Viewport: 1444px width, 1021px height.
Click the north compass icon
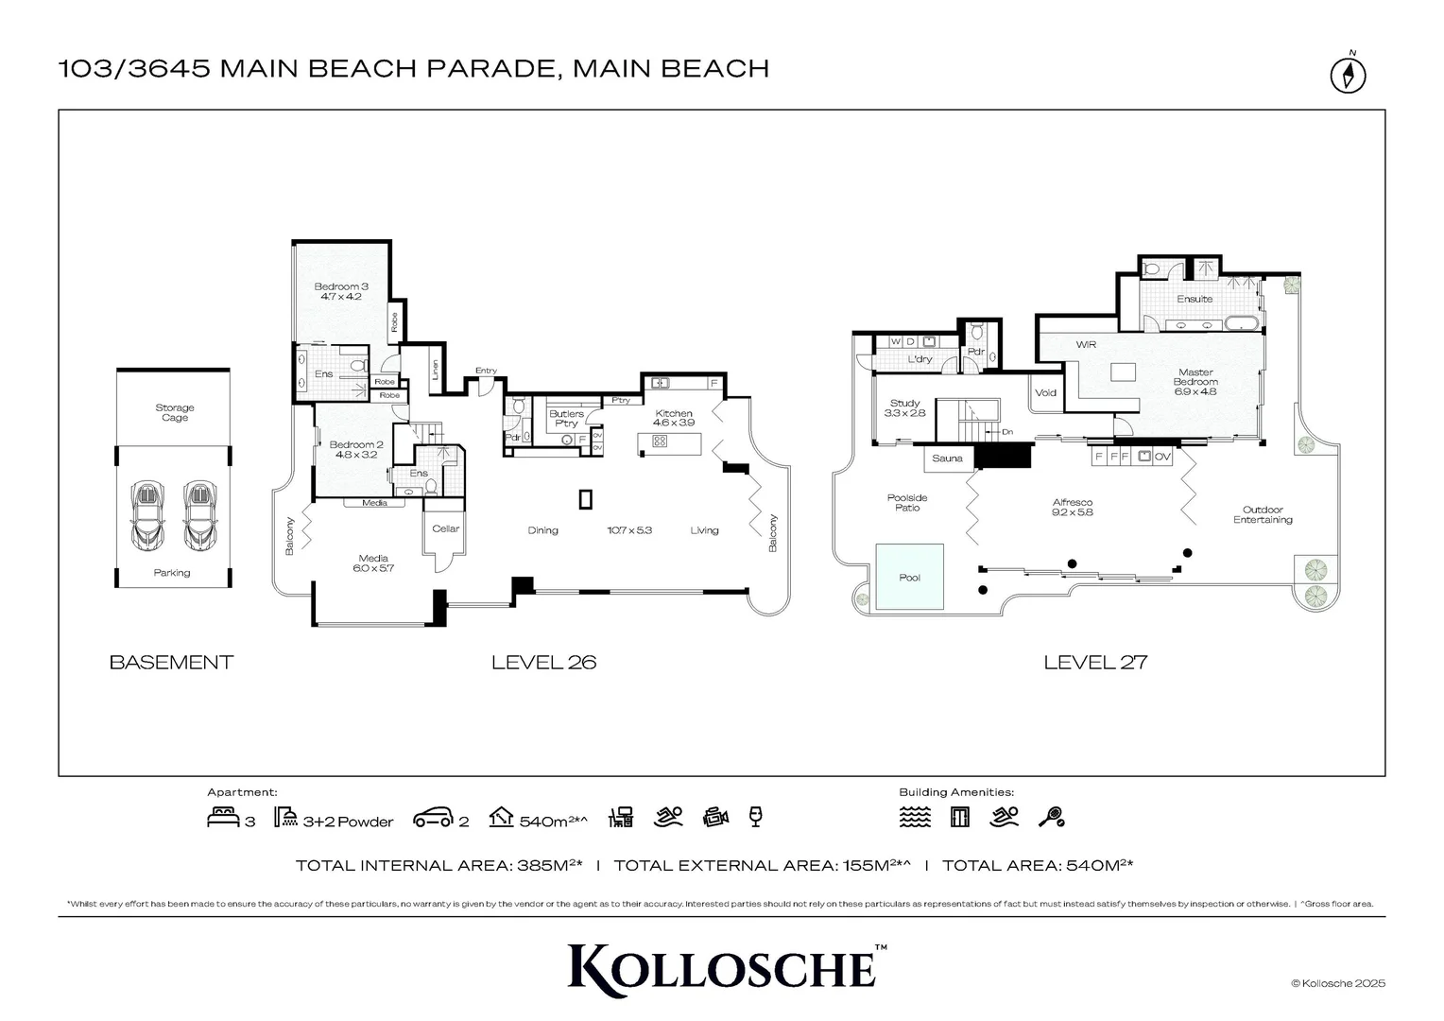coord(1349,75)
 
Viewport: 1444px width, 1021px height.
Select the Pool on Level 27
coord(909,577)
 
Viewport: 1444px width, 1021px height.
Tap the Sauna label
coord(947,459)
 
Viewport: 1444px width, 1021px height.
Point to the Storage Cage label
coord(174,412)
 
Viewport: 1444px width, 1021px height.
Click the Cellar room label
coord(445,528)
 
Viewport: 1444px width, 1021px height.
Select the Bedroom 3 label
coord(340,291)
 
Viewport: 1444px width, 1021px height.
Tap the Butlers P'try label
coord(566,418)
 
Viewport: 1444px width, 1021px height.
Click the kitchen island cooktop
coord(660,441)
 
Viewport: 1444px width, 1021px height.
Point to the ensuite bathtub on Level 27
coord(1242,324)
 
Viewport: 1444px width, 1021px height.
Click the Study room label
coord(904,407)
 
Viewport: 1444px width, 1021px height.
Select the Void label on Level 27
coord(1045,392)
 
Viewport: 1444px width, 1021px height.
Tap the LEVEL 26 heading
coord(543,662)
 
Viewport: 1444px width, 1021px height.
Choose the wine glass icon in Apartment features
coord(754,817)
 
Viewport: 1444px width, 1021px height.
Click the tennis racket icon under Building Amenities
coord(1051,817)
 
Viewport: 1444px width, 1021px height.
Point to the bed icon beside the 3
coord(223,818)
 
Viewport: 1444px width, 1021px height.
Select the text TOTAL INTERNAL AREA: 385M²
coord(438,865)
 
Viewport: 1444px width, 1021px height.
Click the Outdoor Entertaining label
coord(1262,514)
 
